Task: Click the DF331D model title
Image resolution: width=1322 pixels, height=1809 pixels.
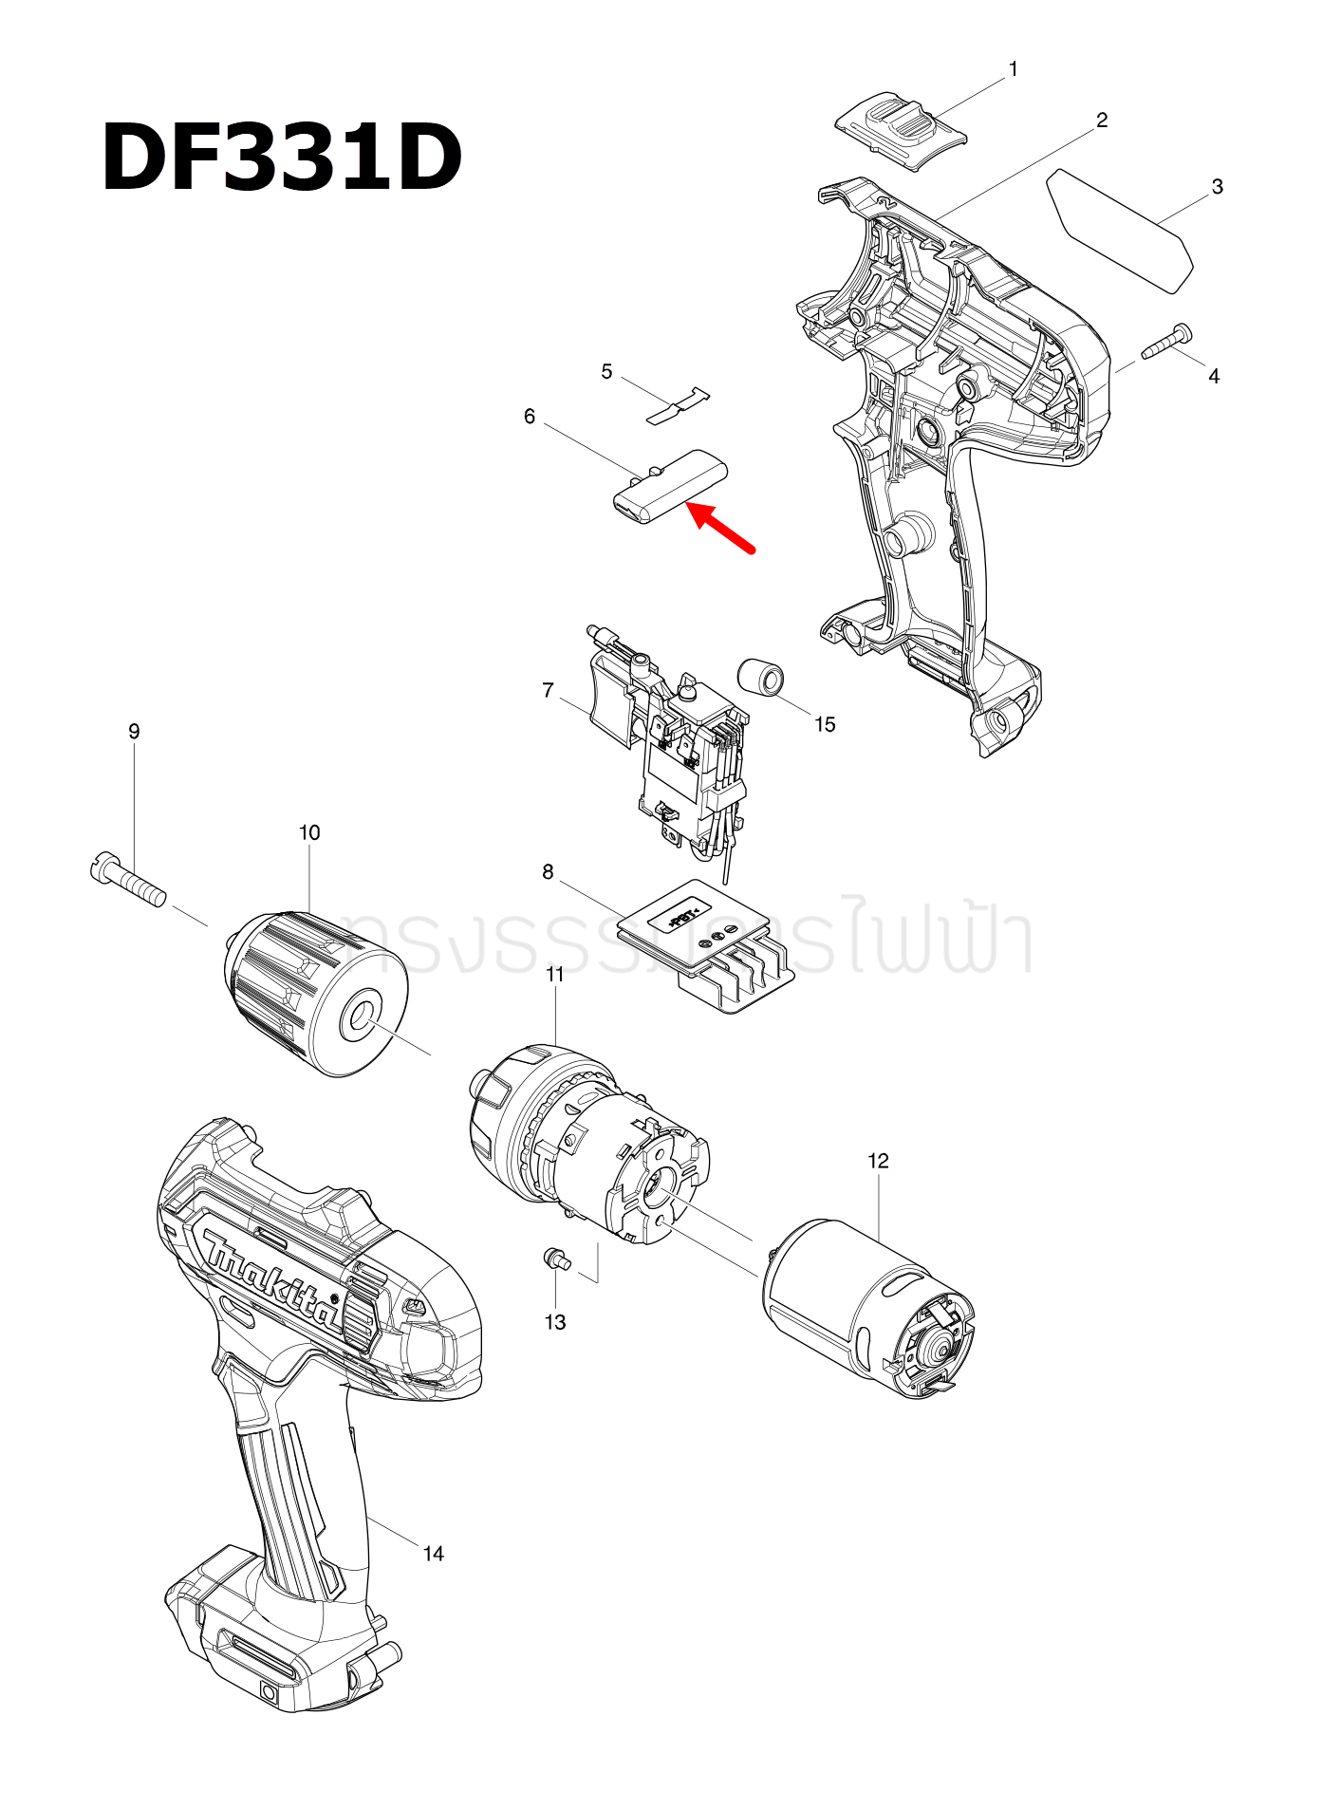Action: coord(282,159)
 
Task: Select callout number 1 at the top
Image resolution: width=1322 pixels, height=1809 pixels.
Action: coord(1013,69)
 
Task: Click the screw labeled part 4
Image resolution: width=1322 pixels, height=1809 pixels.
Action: coord(1166,342)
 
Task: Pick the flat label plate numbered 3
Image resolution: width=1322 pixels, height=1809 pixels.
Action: coord(1120,231)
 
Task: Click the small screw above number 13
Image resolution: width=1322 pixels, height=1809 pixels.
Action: coord(554,1259)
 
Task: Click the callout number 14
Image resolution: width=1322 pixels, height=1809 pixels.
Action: coord(433,1554)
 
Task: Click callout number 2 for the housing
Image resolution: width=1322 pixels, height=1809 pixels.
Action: coord(1101,121)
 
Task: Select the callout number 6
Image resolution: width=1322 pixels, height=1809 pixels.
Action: coord(530,417)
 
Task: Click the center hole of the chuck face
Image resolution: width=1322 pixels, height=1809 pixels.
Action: coord(363,1017)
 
